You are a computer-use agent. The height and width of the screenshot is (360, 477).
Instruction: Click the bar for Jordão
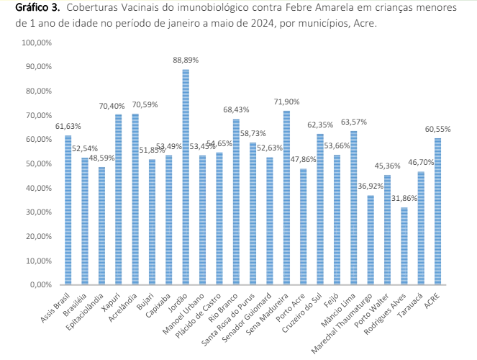tap(186, 176)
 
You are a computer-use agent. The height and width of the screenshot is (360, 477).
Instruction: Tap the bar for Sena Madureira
tap(286, 197)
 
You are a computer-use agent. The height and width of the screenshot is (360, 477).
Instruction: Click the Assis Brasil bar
tap(68, 210)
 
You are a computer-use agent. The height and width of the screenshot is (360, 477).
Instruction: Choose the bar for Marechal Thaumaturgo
tap(370, 240)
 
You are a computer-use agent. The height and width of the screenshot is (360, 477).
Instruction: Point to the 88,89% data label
tap(186, 60)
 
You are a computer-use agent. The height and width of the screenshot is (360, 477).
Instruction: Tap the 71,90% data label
tap(286, 102)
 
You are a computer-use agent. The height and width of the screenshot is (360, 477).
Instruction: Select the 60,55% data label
tap(437, 129)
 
